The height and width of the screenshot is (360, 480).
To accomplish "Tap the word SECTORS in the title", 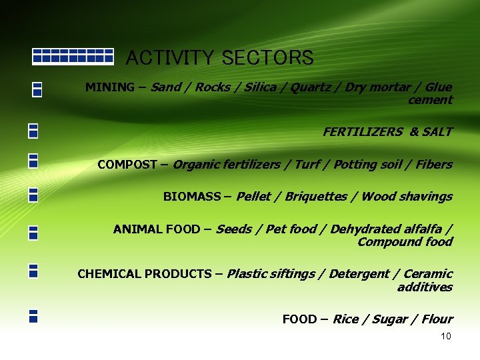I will [x=267, y=58].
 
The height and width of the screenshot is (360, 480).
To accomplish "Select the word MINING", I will [x=109, y=87].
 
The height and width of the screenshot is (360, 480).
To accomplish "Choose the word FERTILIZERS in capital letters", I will [x=363, y=132].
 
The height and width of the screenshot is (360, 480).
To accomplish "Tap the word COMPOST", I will [x=127, y=164].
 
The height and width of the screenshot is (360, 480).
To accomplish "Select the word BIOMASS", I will [x=192, y=197].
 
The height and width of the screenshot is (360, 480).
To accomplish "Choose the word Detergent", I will [x=364, y=274].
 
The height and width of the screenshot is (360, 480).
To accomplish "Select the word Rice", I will [x=345, y=319].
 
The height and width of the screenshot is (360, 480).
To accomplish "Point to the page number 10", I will [x=446, y=336].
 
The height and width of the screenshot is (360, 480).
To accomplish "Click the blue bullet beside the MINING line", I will [x=37, y=89].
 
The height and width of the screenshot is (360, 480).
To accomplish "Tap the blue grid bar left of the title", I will [x=73, y=55].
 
